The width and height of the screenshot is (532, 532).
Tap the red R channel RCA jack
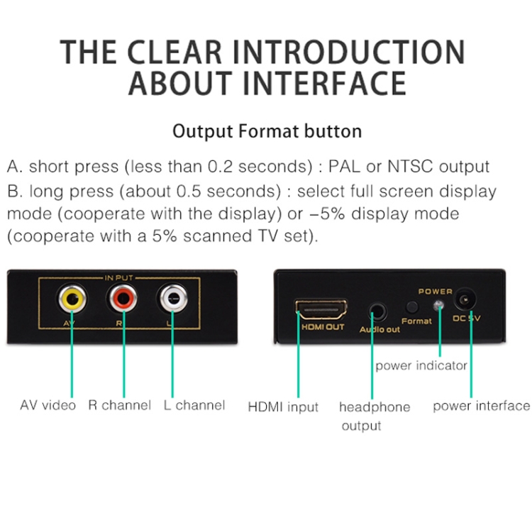pyautogui.click(x=123, y=299)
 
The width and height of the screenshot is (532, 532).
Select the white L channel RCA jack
pyautogui.click(x=174, y=299)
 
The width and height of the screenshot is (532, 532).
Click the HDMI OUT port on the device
pyautogui.click(x=321, y=309)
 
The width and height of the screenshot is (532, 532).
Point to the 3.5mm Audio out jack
pyautogui.click(x=378, y=310)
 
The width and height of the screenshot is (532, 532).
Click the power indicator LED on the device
pyautogui.click(x=439, y=305)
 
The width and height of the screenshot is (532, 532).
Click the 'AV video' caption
pyautogui.click(x=48, y=406)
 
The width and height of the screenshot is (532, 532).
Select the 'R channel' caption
pyautogui.click(x=119, y=406)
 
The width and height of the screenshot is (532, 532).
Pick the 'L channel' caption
pyautogui.click(x=194, y=406)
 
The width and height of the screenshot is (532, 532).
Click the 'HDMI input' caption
pyautogui.click(x=282, y=407)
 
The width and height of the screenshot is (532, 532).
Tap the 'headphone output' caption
pyautogui.click(x=374, y=416)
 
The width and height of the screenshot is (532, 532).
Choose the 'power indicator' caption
pyautogui.click(x=421, y=365)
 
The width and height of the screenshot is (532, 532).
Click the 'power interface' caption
pyautogui.click(x=481, y=406)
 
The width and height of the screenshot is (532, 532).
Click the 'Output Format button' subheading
pyautogui.click(x=267, y=131)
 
